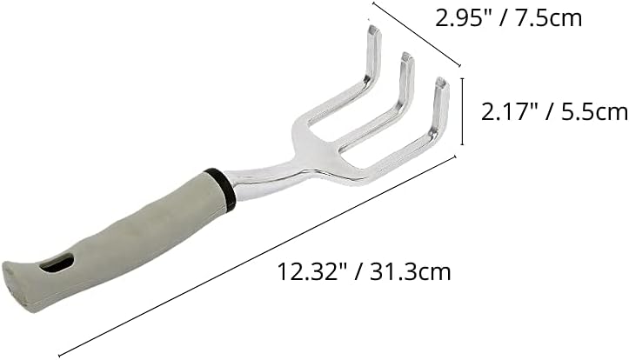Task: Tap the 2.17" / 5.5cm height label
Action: pyautogui.click(x=554, y=110)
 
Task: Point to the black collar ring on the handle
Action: pyautogui.click(x=220, y=188)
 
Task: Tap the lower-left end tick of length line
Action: pyautogui.click(x=61, y=351)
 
